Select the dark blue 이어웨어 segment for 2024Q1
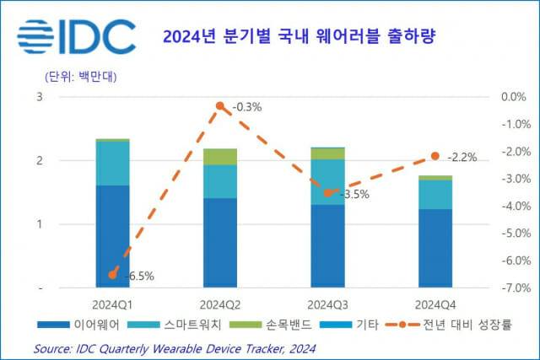tap(112, 236)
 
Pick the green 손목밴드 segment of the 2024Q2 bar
tap(219, 157)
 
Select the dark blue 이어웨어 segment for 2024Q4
tap(435, 248)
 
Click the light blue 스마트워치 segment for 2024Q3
tap(327, 181)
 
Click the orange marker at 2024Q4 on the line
tap(435, 156)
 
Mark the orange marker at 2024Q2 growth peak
tap(219, 105)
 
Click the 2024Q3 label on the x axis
tap(327, 304)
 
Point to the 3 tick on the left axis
tap(39, 97)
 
